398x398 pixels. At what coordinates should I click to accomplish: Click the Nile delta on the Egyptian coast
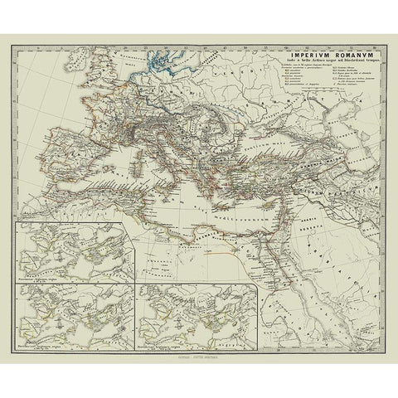266,226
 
